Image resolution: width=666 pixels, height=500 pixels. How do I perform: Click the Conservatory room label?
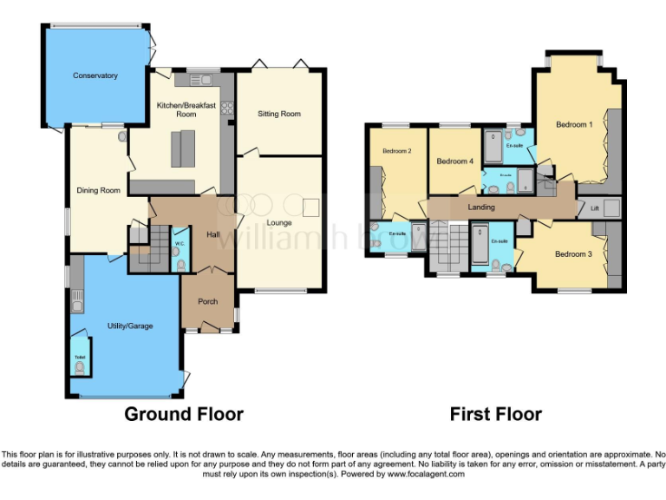pyautogui.click(x=95, y=76)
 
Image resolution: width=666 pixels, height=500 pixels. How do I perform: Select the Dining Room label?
pyautogui.click(x=98, y=190)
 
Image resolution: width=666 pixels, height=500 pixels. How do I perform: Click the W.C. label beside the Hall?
pyautogui.click(x=179, y=244)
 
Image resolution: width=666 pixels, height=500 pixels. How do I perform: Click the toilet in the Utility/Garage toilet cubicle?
pyautogui.click(x=81, y=368)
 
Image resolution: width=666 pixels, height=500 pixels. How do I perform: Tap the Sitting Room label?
pyautogui.click(x=279, y=114)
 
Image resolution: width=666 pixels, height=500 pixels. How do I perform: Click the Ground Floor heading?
pyautogui.click(x=184, y=414)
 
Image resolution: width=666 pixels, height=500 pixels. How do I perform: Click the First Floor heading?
pyautogui.click(x=495, y=414)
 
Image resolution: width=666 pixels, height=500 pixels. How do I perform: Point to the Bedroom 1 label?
pyautogui.click(x=574, y=125)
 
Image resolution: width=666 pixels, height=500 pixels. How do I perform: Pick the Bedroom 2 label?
pyautogui.click(x=396, y=151)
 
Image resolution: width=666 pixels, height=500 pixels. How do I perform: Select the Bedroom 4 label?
pyautogui.click(x=454, y=161)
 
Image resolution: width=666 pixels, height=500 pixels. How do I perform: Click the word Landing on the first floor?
pyautogui.click(x=481, y=207)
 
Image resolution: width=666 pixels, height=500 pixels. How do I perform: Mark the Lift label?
pyautogui.click(x=595, y=209)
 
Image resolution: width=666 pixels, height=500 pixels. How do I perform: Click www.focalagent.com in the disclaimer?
pyautogui.click(x=426, y=474)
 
